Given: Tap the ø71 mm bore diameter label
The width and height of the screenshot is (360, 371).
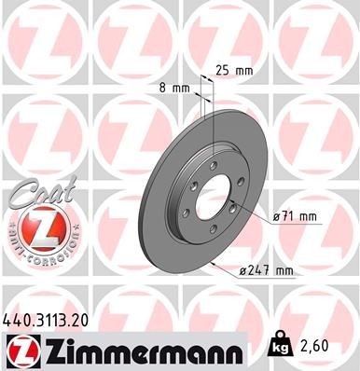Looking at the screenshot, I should pos(294,216).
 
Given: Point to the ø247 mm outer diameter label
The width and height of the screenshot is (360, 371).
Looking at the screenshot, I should pos(267,270).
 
